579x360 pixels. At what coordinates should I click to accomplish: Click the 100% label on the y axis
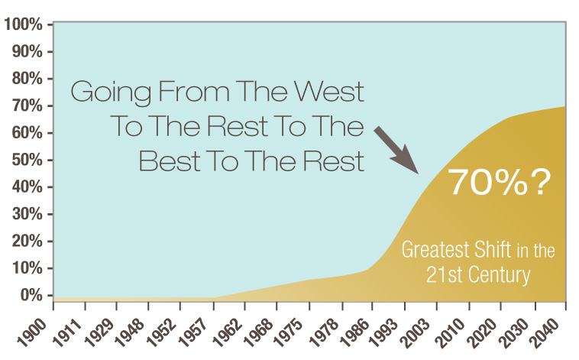tap(23, 24)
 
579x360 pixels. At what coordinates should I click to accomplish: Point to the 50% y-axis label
tap(27, 160)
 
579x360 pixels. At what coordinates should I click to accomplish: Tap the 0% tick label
tap(31, 295)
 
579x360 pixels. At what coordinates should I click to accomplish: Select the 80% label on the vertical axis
tap(27, 79)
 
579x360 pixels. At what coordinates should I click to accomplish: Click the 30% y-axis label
tap(27, 214)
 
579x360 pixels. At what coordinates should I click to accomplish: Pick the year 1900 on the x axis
tap(33, 332)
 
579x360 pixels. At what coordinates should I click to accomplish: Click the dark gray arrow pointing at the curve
tap(396, 150)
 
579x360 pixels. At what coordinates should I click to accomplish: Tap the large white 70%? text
tap(500, 182)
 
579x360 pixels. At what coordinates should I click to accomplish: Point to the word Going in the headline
tap(111, 93)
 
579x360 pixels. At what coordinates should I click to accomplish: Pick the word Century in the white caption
tap(500, 275)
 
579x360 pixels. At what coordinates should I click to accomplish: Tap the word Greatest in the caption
tap(435, 249)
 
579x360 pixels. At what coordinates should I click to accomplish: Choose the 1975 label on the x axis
tap(289, 332)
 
